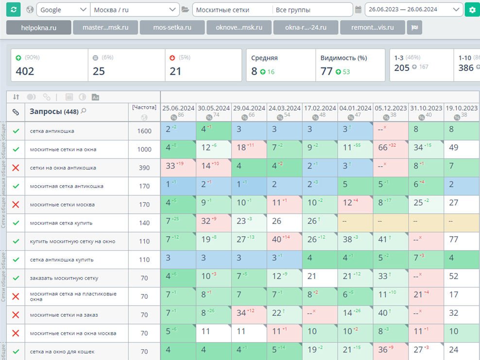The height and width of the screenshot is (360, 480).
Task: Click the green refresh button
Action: pyautogui.click(x=13, y=10)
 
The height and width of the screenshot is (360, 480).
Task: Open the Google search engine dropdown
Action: pyautogui.click(x=63, y=10)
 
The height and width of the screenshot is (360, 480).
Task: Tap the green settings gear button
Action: pyautogui.click(x=471, y=10)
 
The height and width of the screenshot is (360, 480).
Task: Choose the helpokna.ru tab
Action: pyautogui.click(x=39, y=28)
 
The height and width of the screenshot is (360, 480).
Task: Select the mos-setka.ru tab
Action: pyautogui.click(x=172, y=28)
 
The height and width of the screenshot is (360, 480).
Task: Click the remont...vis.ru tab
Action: pyautogui.click(x=372, y=28)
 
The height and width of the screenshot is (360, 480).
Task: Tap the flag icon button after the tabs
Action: pyautogui.click(x=414, y=28)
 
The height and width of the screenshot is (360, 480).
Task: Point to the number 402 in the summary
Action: pyautogui.click(x=25, y=71)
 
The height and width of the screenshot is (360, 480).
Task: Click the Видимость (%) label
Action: pyautogui.click(x=343, y=58)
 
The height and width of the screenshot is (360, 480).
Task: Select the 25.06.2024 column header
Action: pyautogui.click(x=178, y=108)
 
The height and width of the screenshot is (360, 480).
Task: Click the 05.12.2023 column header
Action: pyautogui.click(x=391, y=108)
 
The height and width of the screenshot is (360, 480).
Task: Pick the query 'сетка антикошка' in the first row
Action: pyautogui.click(x=52, y=131)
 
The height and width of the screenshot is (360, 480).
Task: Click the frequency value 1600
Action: pyautogui.click(x=144, y=131)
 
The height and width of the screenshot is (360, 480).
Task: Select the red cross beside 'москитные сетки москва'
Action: pyautogui.click(x=16, y=205)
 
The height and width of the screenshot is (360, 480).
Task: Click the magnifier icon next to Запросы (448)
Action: pyautogui.click(x=84, y=111)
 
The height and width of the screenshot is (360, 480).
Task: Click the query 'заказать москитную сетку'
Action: pyautogui.click(x=64, y=278)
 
